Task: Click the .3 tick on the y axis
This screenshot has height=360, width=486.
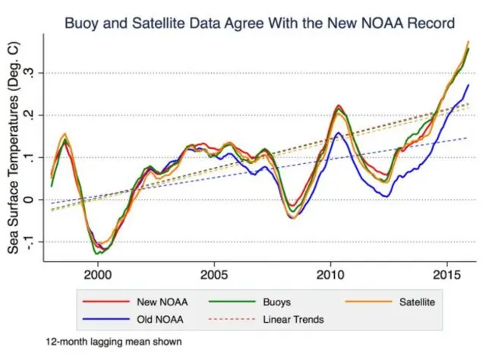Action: [x=30, y=73]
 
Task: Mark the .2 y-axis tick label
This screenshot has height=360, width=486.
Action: [x=30, y=115]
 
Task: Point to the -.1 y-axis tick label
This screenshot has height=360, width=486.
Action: [x=28, y=242]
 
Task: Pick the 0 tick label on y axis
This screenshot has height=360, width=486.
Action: [x=30, y=200]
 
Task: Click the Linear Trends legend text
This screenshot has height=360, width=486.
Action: [x=294, y=319]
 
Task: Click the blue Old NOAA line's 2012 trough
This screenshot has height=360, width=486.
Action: [x=387, y=197]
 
